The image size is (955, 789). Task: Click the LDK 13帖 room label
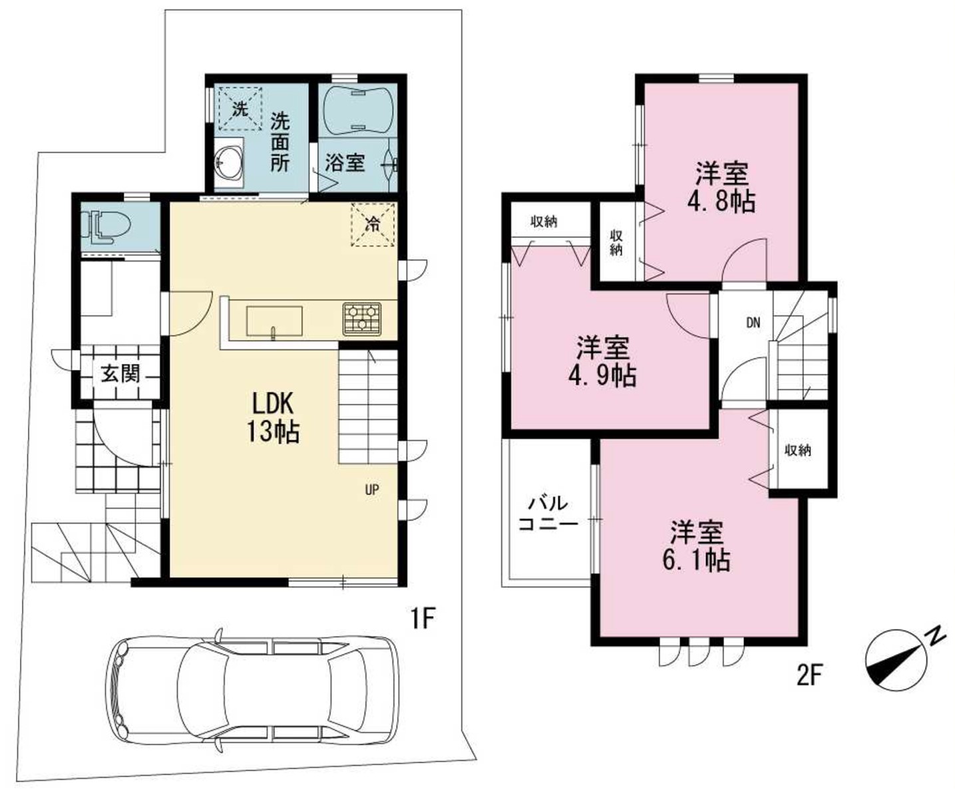(x=273, y=417)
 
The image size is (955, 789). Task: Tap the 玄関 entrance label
(x=120, y=374)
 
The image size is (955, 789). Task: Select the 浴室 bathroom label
(x=345, y=163)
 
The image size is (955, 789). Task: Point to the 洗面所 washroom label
(x=280, y=142)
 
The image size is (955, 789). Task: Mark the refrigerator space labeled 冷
(x=373, y=224)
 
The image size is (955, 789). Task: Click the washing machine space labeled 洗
(x=240, y=109)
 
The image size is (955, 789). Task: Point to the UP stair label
(x=372, y=490)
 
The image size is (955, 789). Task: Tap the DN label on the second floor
(x=753, y=323)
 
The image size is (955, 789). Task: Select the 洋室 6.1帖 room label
(x=697, y=546)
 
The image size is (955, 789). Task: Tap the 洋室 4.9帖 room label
(x=602, y=361)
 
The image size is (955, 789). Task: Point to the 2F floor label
(x=811, y=675)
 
